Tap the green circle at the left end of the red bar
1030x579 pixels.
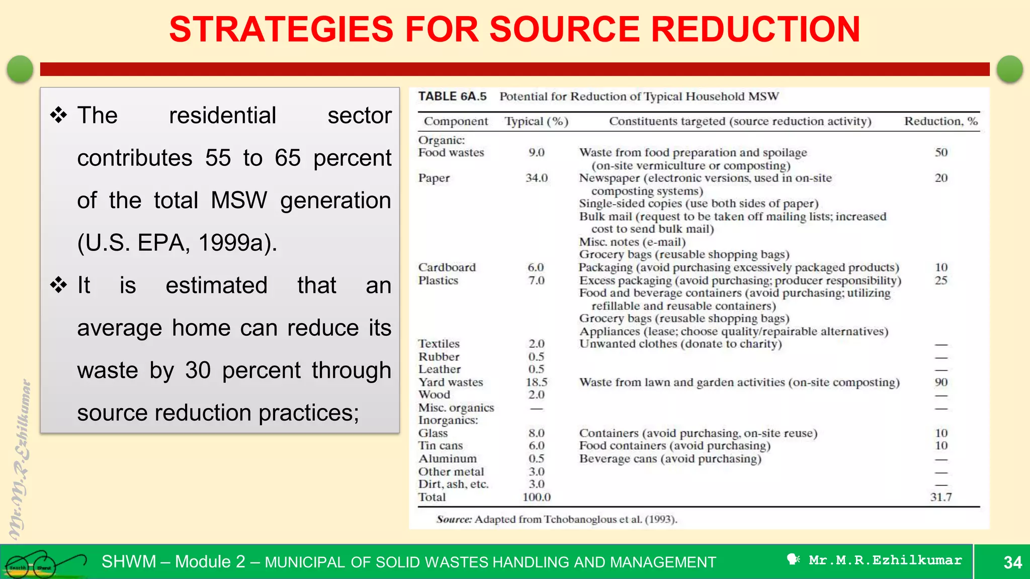click(20, 69)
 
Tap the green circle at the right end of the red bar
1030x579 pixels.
click(1009, 69)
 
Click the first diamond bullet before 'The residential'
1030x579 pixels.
click(59, 115)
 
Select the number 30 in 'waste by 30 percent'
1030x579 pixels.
click(198, 370)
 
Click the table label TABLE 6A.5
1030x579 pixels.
click(452, 96)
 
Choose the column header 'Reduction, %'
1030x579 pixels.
click(941, 121)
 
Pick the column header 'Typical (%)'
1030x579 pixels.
click(536, 121)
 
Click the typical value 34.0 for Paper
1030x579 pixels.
click(536, 178)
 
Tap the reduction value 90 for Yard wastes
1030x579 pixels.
click(941, 382)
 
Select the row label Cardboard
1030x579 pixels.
click(447, 267)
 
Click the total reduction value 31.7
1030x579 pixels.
click(940, 497)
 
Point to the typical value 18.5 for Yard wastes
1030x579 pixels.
click(536, 382)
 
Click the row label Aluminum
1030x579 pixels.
click(447, 459)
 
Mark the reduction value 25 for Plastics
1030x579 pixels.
click(941, 280)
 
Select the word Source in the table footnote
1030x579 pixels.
click(454, 519)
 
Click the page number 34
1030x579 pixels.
click(1012, 562)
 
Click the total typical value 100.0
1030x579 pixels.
click(536, 497)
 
